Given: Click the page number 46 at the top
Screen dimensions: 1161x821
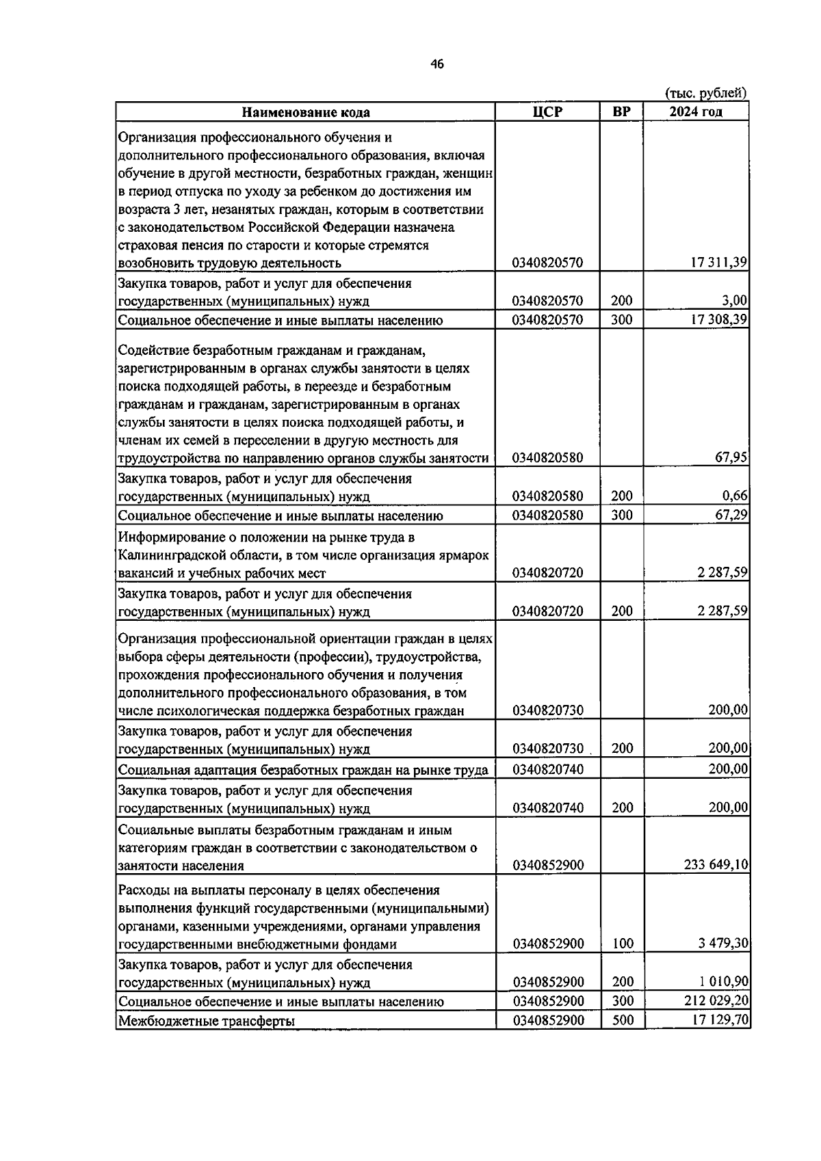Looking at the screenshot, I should coord(437,64).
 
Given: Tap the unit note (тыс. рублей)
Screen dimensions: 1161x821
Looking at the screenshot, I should coord(705,93).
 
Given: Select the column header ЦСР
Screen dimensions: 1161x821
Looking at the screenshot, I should coord(547,111).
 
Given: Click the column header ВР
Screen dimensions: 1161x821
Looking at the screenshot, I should coord(621,111).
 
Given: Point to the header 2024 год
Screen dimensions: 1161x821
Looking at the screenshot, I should coord(695,111).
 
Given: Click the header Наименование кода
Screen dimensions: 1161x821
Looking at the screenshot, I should coord(306,112).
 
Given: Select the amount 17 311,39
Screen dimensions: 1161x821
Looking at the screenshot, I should coord(719,263).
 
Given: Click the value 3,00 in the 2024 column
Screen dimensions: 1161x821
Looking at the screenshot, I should coord(735,300).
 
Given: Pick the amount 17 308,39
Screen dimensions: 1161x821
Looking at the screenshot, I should coord(719,319).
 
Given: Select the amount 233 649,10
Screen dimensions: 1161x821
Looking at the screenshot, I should coord(716,865).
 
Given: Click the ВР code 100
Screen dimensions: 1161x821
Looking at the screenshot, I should coord(622,944).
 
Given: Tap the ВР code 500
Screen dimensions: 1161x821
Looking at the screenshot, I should coord(622,1020).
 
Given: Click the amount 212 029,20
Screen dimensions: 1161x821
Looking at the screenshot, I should coord(716,1001).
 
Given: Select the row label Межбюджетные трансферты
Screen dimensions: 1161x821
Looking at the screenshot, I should coord(207,1022).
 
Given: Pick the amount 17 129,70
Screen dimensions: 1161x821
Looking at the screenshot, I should coord(719,1020).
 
